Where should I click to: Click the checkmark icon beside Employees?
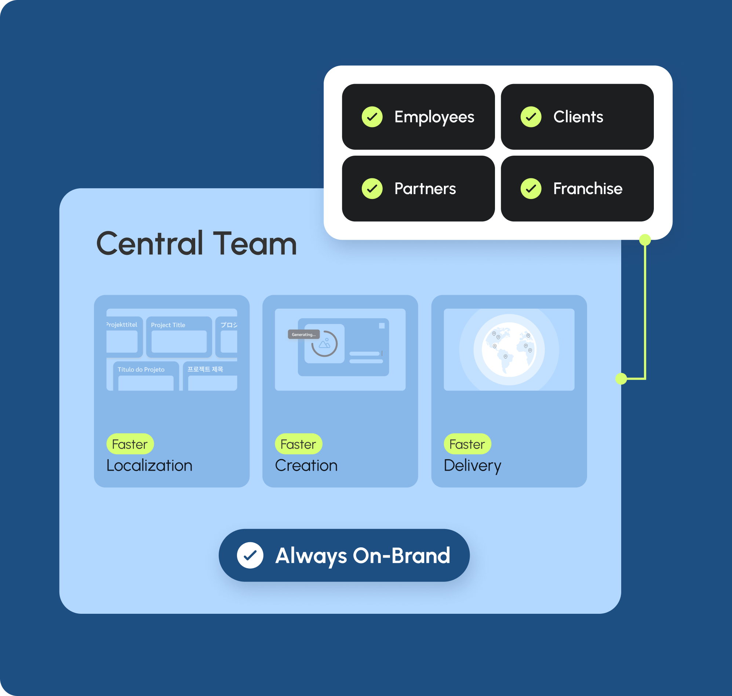[x=372, y=117]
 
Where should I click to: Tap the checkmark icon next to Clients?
[x=531, y=117]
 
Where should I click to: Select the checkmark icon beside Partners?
[x=372, y=188]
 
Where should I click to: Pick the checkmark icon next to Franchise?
[x=531, y=188]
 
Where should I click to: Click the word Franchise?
[x=587, y=188]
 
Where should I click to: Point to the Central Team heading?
[x=197, y=244]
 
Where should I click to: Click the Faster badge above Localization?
[x=130, y=444]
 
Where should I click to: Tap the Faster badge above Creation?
[x=298, y=444]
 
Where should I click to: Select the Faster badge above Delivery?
[x=467, y=444]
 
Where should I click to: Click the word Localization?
[x=149, y=465]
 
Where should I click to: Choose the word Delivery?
[x=472, y=465]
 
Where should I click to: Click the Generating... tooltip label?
[x=303, y=334]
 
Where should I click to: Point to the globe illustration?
[x=509, y=349]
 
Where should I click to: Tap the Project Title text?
[x=168, y=325]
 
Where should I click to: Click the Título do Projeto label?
[x=141, y=370]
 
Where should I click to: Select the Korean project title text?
[x=205, y=369]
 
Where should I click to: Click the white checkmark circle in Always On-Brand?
[x=250, y=555]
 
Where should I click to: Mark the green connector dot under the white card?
[x=645, y=240]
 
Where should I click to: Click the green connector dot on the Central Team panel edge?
[x=621, y=379]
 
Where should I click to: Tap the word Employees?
[x=434, y=117]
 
